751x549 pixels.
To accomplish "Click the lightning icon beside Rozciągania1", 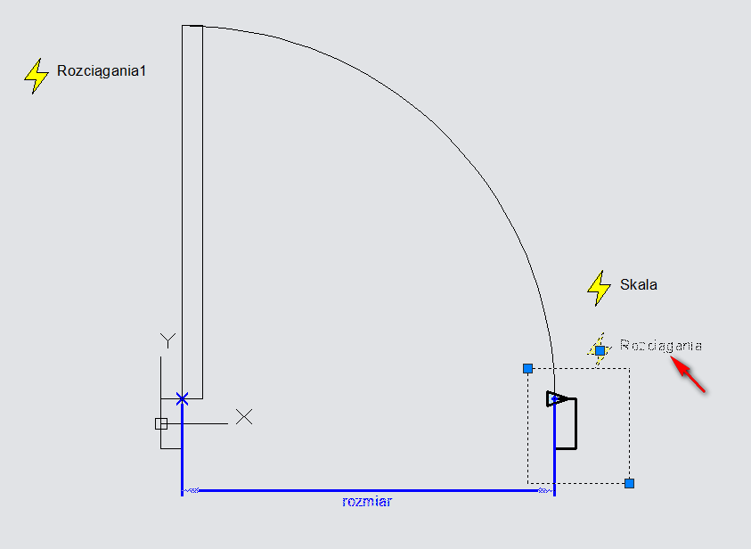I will tap(36, 77).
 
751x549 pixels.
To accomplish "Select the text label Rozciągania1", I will tap(101, 70).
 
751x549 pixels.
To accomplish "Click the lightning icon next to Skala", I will tap(599, 286).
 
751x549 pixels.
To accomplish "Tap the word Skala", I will tap(639, 285).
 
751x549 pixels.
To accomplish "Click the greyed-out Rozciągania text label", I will tap(661, 345).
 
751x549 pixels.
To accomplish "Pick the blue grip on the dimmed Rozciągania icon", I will tap(600, 350).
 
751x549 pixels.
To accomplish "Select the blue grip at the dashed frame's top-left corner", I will tap(527, 368).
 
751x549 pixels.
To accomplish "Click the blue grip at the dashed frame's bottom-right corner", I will tap(629, 483).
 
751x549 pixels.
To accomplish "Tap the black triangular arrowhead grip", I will tap(558, 398).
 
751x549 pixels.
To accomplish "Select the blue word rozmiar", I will tap(367, 502).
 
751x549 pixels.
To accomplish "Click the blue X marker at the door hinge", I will tap(182, 398).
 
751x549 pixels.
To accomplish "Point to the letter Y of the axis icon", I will tap(167, 340).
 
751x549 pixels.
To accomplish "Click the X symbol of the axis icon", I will tap(243, 416).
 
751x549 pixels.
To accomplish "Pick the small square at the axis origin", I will tap(161, 423).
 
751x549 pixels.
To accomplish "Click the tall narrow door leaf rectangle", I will tap(192, 214).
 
